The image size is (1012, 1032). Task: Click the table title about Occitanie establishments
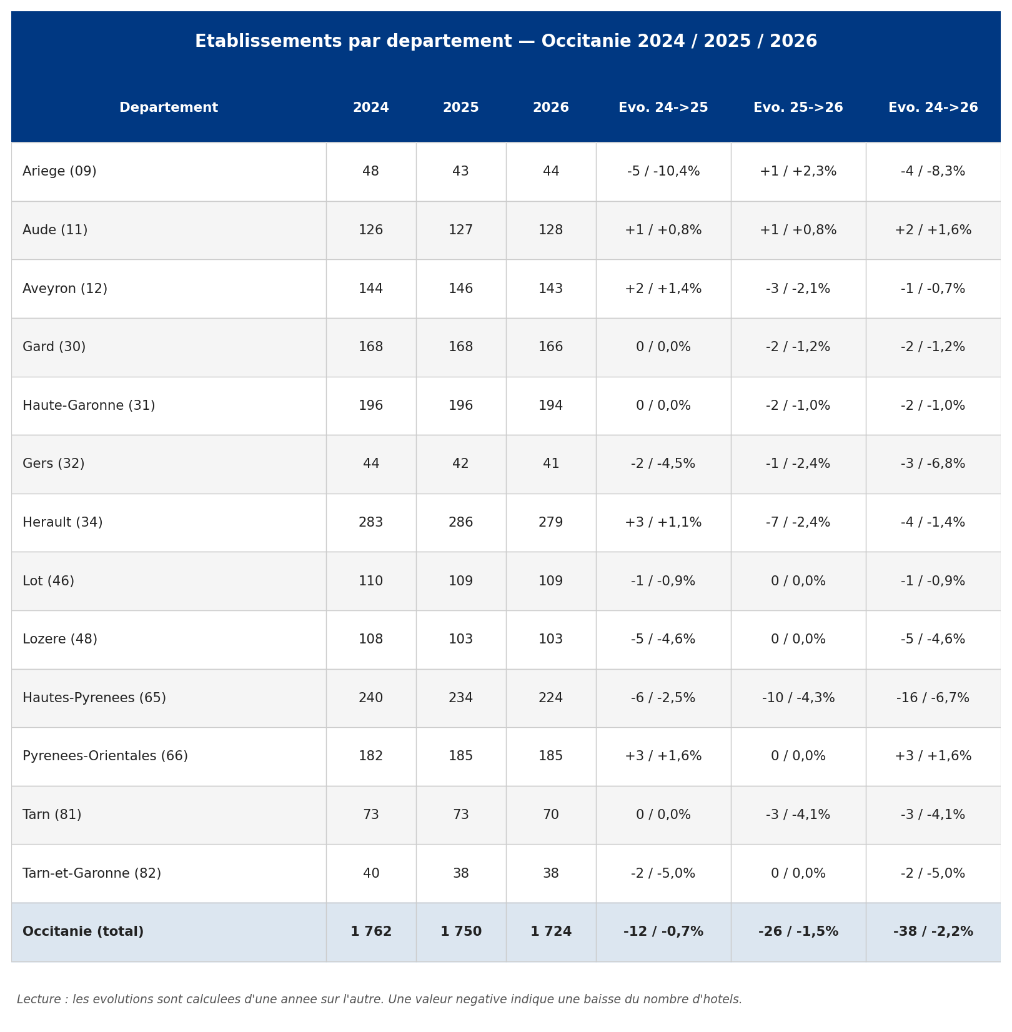pos(506,42)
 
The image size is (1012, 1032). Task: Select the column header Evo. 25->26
pos(798,108)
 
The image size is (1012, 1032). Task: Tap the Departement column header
pos(169,108)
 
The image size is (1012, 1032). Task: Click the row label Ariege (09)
pos(59,172)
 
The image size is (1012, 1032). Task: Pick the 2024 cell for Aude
pos(371,231)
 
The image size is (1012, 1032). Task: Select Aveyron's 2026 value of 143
pos(551,289)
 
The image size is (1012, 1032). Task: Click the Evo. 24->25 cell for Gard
pos(663,347)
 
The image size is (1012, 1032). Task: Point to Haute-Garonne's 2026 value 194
pos(551,406)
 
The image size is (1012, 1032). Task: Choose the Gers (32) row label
pos(54,464)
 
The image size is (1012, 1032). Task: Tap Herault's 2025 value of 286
pos(461,523)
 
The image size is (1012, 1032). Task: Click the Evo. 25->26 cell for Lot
pos(798,582)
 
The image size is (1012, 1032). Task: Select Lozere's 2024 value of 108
pos(371,640)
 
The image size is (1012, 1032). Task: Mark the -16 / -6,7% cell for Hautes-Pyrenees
pos(933,698)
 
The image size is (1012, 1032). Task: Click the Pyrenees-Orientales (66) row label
pos(105,757)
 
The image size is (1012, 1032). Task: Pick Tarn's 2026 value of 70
pos(551,815)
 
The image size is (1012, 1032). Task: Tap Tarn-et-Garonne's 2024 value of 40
pos(371,874)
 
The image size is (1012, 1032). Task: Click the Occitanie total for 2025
pos(461,932)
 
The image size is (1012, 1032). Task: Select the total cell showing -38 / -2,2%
pos(933,932)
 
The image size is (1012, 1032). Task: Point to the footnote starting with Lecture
pos(379,1000)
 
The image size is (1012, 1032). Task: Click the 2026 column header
pos(551,108)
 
